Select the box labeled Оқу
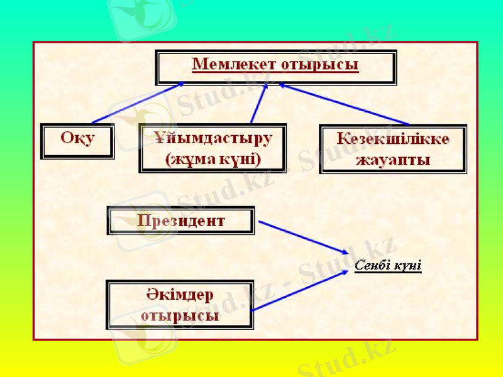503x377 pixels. pos(77,139)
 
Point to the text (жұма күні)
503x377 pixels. pos(213,159)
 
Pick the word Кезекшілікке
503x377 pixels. pos(393,139)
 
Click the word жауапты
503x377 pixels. pos(393,160)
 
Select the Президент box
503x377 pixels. pos(181,221)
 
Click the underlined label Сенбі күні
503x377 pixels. pos(387,266)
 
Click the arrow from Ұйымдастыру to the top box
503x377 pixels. pos(258,104)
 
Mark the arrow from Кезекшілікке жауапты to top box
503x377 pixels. pos(343,104)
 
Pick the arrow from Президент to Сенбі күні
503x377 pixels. pos(302,237)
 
